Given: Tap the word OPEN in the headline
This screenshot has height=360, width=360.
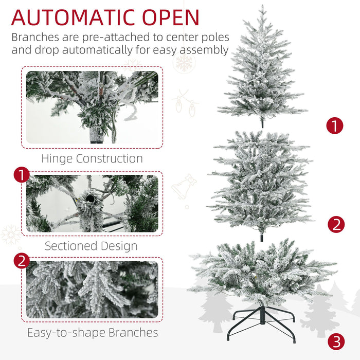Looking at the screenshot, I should pyautogui.click(x=170, y=17).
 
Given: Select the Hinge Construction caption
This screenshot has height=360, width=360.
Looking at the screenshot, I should pyautogui.click(x=92, y=158).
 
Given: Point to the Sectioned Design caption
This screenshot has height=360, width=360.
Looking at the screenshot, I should pyautogui.click(x=91, y=246).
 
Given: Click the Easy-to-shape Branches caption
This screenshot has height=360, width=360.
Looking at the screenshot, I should pyautogui.click(x=92, y=333).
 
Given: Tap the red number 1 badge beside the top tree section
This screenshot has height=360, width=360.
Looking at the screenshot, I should pyautogui.click(x=335, y=125).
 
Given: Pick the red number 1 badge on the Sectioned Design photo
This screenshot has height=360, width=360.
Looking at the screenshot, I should pyautogui.click(x=21, y=176).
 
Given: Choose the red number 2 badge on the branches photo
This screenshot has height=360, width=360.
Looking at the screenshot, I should pyautogui.click(x=21, y=261).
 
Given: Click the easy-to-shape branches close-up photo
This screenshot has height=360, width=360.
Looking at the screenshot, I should pyautogui.click(x=92, y=289).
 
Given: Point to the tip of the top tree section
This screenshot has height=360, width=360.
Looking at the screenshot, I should pyautogui.click(x=262, y=7).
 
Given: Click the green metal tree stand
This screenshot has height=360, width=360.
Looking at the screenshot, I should pyautogui.click(x=262, y=321).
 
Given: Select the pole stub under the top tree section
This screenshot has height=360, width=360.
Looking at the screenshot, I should pyautogui.click(x=262, y=123).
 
